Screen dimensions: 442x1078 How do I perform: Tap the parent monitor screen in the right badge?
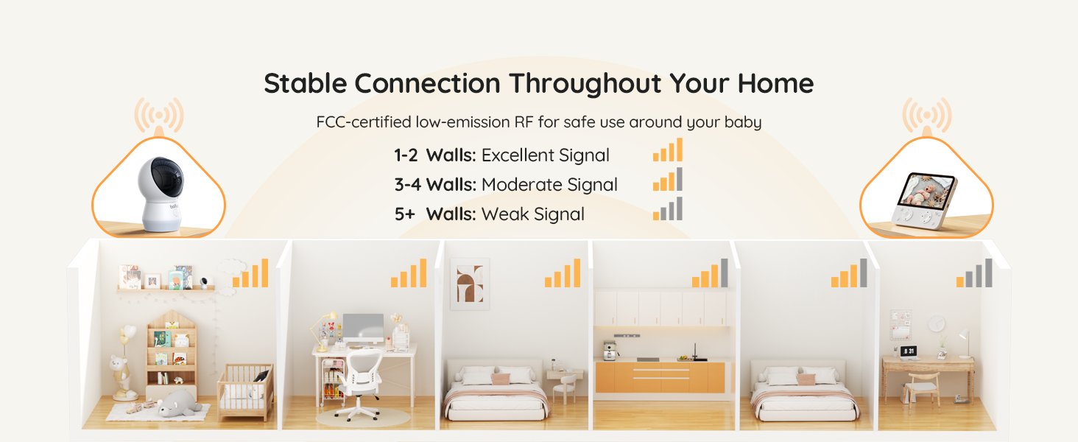click(x=929, y=191)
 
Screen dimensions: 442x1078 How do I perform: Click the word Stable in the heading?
click(x=306, y=83)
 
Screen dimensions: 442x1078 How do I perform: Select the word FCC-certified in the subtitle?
click(x=363, y=122)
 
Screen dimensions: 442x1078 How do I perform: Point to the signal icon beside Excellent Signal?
click(x=667, y=150)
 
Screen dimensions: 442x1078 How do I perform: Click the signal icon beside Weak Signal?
click(x=667, y=209)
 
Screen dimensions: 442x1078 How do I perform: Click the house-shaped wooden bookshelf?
click(x=171, y=354)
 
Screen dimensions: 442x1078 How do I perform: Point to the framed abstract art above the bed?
click(x=469, y=284)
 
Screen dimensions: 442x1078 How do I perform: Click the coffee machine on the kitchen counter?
click(x=609, y=350)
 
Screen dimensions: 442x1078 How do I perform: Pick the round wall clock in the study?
click(x=936, y=323)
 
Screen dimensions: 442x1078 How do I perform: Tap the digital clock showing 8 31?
click(x=909, y=351)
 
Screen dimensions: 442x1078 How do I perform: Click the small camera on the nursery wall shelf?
click(x=202, y=281)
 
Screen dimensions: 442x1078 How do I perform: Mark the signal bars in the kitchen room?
click(x=710, y=273)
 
